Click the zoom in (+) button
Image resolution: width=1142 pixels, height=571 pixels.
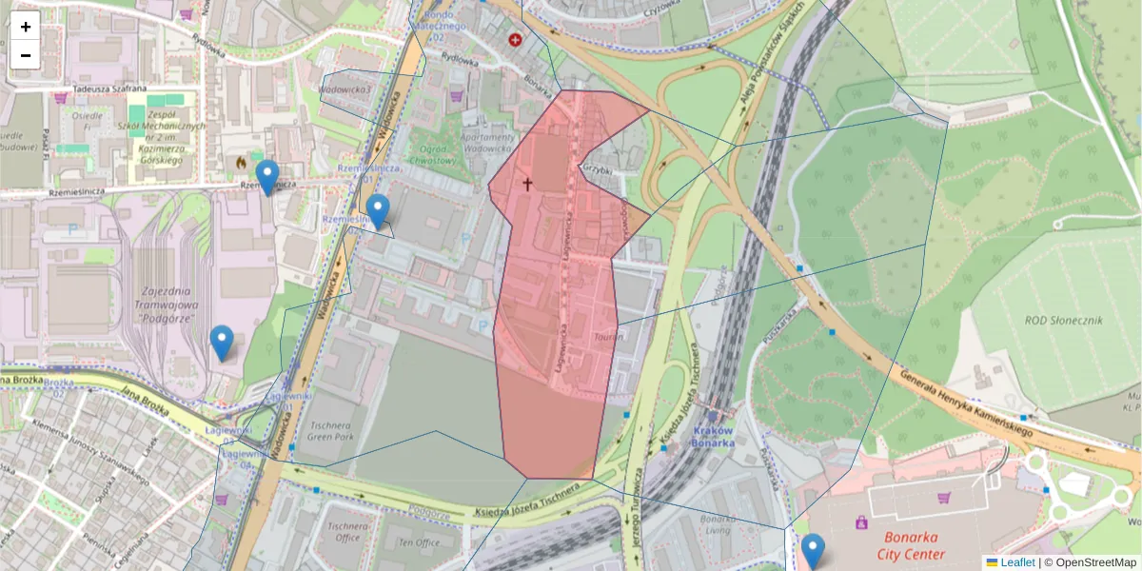26,27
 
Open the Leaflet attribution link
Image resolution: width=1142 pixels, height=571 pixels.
1016,562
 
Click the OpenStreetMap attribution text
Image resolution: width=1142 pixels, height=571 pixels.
1095,562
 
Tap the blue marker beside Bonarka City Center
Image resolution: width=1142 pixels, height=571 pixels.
813,551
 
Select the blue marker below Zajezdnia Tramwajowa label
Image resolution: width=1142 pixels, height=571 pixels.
222,343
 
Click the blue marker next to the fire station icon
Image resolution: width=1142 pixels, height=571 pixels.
267,177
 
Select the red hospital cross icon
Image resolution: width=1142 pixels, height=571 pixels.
516,40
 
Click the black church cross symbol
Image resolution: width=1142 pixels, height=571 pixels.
526,183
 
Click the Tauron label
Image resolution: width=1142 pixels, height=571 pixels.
608,337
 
